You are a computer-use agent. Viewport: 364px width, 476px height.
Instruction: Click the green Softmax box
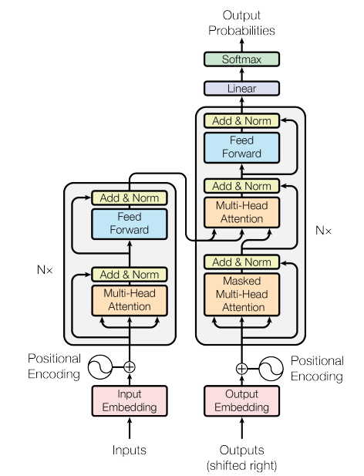click(241, 59)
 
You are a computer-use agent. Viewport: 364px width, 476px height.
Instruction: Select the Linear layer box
click(241, 89)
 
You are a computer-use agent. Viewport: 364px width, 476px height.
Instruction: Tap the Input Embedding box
click(130, 400)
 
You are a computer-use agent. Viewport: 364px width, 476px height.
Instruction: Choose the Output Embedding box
click(241, 400)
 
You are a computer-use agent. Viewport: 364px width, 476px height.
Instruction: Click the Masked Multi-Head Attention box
click(241, 295)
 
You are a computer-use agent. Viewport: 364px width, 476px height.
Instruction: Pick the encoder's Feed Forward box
click(130, 224)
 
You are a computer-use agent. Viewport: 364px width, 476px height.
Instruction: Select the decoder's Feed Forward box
click(241, 148)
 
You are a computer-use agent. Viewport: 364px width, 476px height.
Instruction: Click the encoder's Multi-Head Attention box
click(130, 301)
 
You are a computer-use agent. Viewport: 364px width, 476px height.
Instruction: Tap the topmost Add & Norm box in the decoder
click(241, 121)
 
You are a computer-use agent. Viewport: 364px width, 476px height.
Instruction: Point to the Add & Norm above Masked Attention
click(241, 262)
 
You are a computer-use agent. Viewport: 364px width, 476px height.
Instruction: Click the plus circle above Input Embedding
click(130, 367)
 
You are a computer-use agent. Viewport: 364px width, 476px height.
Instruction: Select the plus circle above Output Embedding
click(241, 369)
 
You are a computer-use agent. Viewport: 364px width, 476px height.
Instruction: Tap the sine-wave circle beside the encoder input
click(100, 367)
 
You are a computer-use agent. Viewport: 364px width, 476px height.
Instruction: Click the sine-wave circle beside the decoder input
click(271, 369)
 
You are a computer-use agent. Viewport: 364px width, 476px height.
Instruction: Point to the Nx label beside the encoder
click(45, 269)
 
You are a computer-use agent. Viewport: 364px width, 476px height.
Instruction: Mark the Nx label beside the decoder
click(323, 231)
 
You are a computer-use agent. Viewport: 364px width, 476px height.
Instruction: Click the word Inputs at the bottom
click(130, 450)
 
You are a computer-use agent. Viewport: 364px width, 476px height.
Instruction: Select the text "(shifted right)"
click(241, 465)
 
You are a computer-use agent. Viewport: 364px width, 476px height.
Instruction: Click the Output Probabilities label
click(241, 23)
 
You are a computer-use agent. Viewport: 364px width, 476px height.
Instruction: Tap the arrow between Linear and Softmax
click(241, 74)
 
